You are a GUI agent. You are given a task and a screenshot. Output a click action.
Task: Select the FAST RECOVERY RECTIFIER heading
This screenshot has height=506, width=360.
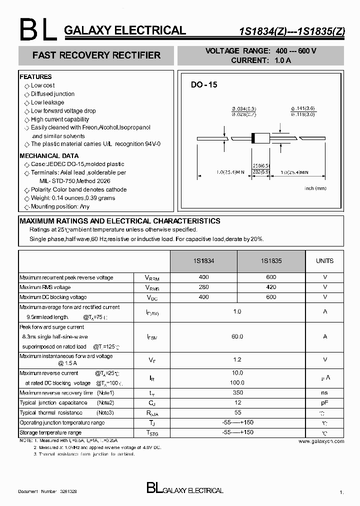click(96, 55)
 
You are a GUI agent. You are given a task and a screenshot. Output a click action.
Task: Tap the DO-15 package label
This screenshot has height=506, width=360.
click(204, 85)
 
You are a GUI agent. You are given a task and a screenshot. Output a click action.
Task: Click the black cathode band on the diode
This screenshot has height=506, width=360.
click(253, 138)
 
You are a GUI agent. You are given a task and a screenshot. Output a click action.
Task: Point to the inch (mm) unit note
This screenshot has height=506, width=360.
click(315, 188)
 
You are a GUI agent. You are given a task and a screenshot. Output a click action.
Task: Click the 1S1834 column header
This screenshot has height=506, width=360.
click(203, 261)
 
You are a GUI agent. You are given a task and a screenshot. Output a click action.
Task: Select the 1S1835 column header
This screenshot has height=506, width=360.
click(271, 261)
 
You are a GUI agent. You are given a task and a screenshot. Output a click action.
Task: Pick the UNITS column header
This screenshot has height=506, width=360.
click(324, 261)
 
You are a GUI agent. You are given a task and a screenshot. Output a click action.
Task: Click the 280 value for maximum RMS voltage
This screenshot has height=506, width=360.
click(203, 287)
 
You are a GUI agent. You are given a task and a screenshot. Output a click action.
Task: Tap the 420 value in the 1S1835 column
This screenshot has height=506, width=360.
click(271, 287)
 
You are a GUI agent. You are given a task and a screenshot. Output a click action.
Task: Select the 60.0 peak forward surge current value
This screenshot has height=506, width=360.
click(237, 337)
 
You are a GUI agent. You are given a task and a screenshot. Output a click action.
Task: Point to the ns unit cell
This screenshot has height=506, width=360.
click(324, 393)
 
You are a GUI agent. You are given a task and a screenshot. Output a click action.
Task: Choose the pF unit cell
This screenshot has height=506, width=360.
click(324, 403)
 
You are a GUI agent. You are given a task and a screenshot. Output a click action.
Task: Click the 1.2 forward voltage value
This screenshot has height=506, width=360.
click(237, 360)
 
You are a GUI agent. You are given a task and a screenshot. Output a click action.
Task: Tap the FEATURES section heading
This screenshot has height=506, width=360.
click(35, 77)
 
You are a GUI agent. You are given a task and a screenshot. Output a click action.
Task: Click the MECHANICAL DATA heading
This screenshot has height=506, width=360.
click(49, 156)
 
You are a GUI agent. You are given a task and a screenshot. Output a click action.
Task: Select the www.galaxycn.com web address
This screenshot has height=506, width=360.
click(321, 441)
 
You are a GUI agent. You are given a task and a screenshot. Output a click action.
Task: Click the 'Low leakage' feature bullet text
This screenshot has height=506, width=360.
click(47, 102)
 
